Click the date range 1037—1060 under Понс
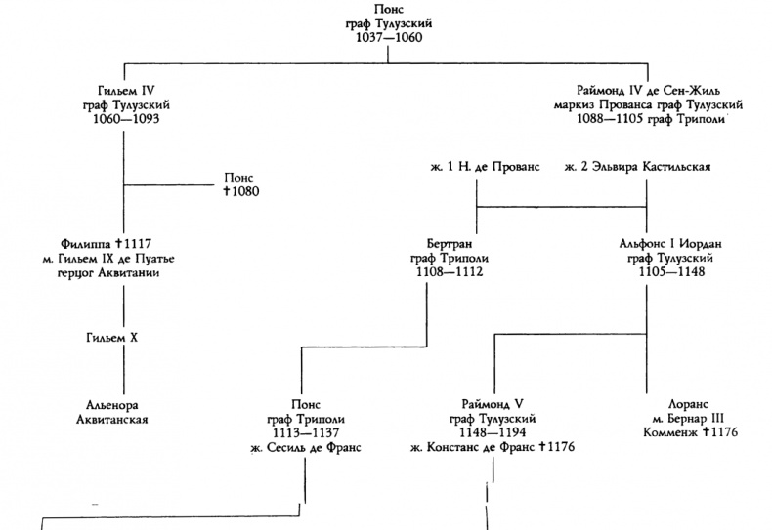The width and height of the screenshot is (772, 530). (x=387, y=40)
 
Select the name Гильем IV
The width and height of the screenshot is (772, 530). (x=122, y=90)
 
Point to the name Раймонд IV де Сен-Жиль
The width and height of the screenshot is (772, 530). (x=648, y=90)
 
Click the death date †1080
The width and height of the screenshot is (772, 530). (x=239, y=192)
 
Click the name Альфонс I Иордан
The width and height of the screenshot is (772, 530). (x=649, y=242)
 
